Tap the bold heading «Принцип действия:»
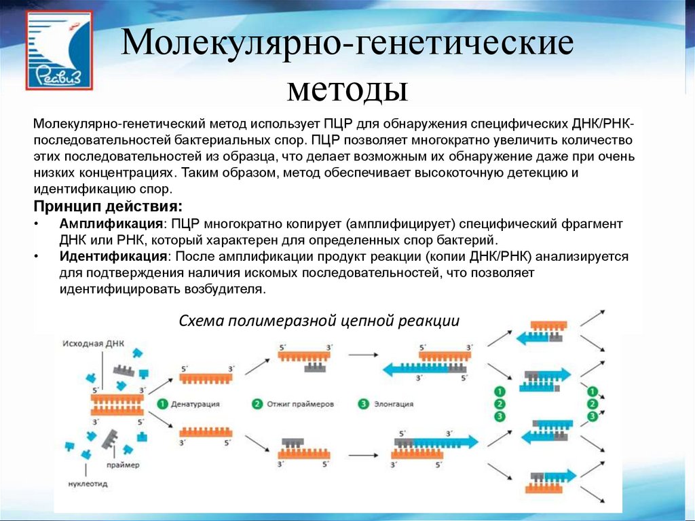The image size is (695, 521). [x=107, y=206]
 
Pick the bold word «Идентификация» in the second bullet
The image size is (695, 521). [x=113, y=257]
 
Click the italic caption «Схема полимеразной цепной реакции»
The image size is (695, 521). [x=319, y=321]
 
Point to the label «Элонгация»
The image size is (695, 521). [x=393, y=403]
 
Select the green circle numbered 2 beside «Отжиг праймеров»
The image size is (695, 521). [x=257, y=403]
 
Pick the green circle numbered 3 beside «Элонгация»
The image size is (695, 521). [x=363, y=403]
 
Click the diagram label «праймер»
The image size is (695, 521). [x=122, y=465]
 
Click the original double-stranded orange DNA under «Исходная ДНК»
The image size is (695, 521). [x=116, y=406]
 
